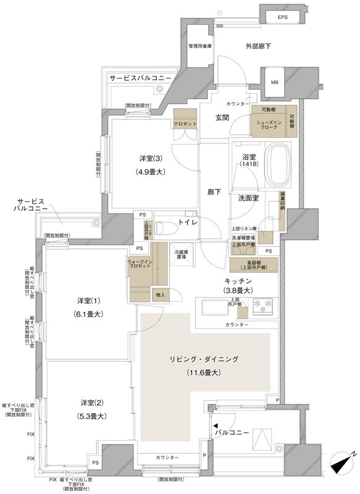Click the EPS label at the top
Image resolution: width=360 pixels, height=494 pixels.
282,17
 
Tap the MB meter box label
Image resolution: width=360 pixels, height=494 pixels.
272,84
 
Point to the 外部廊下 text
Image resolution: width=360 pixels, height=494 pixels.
257,46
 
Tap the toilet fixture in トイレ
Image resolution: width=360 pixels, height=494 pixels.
162,228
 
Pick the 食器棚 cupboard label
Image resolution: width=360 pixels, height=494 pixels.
254,264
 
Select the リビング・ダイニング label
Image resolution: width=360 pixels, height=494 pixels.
204,359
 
